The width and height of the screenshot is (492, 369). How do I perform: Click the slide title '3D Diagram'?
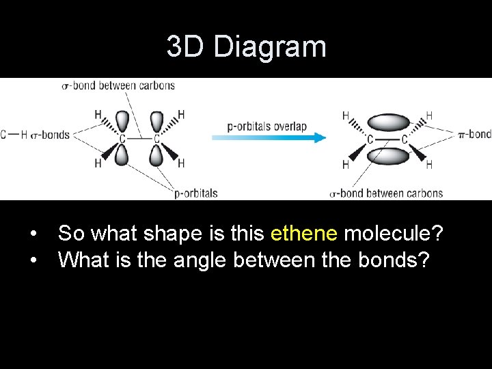tap(246, 47)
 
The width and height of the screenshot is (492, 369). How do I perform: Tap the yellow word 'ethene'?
tap(304, 234)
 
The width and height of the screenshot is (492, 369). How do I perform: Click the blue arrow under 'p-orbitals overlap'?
tap(269, 137)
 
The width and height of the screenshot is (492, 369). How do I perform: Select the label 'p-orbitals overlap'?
tap(266, 126)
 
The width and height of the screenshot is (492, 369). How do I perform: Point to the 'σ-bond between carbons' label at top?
tap(118, 85)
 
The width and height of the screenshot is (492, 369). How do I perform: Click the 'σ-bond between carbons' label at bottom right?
tap(386, 193)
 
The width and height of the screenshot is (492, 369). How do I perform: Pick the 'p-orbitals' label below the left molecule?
tap(195, 193)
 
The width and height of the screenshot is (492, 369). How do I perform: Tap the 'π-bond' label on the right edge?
tap(475, 134)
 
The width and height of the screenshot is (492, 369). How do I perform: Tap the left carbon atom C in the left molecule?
tap(122, 139)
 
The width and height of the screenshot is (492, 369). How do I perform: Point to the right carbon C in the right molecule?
tap(404, 139)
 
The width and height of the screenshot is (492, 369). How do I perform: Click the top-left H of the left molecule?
tap(98, 114)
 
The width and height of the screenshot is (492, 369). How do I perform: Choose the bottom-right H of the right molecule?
tap(428, 165)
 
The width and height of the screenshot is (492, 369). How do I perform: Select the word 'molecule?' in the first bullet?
tap(394, 234)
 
